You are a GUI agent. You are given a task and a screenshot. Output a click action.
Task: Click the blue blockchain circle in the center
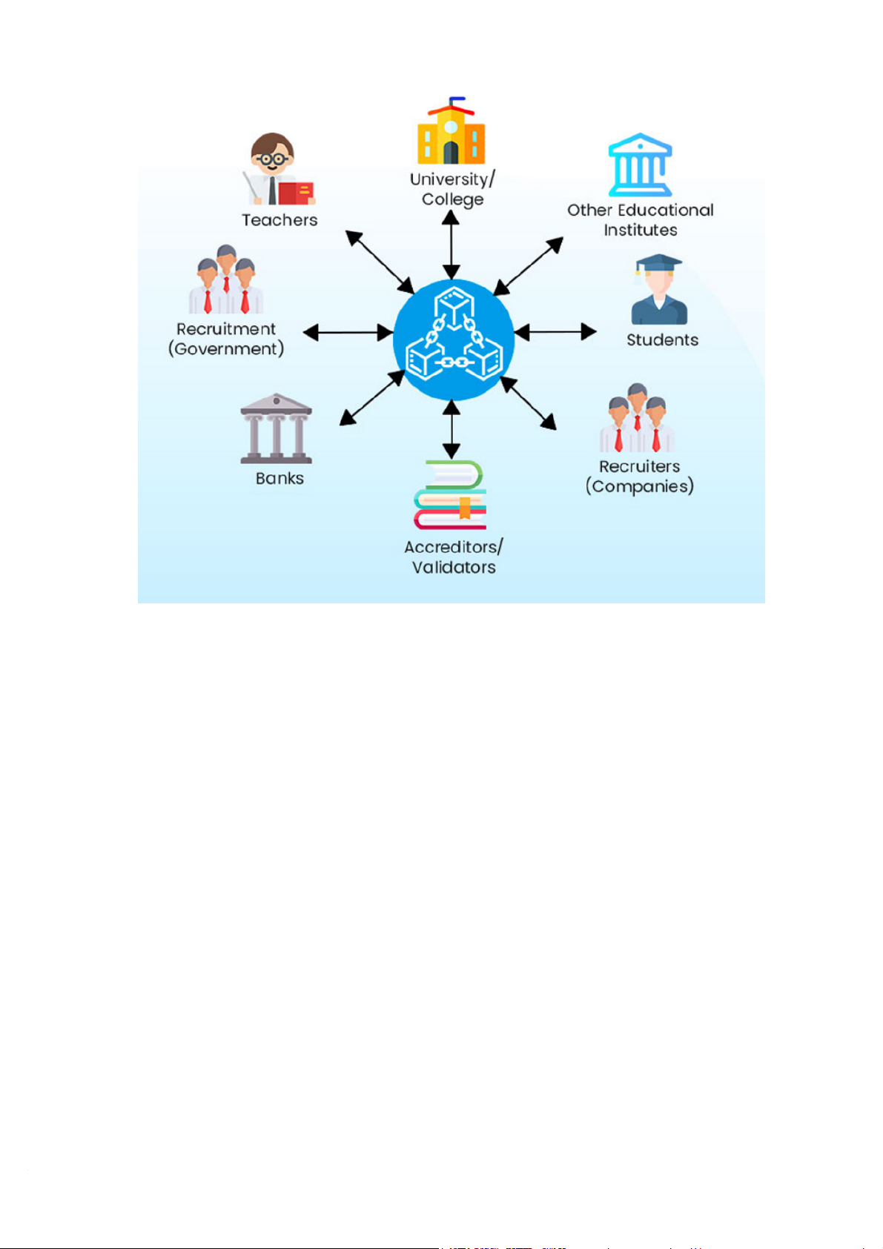coord(453,339)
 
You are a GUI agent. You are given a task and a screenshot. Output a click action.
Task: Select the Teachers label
coord(280,220)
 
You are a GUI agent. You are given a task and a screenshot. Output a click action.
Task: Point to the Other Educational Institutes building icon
coord(640,165)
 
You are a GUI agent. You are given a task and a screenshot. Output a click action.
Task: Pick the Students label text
coord(662,340)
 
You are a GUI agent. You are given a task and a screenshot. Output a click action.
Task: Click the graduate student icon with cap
coord(658,291)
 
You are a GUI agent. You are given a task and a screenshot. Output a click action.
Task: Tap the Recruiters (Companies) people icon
coord(637,419)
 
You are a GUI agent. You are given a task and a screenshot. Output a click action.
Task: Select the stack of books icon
coord(450,495)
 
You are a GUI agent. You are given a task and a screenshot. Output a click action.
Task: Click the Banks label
coord(280,479)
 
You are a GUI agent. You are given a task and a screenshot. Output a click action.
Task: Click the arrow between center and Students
coord(555,332)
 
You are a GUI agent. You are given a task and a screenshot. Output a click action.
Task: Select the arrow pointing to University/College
coord(451,245)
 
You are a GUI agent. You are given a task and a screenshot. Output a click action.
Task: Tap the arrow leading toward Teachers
coord(380,262)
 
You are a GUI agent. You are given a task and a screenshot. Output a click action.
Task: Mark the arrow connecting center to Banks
coord(372,398)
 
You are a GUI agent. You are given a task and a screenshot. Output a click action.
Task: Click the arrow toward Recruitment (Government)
coord(348,333)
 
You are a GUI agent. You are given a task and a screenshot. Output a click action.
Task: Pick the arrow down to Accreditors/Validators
coord(451,429)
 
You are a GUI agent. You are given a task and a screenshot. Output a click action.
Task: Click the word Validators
coord(454,568)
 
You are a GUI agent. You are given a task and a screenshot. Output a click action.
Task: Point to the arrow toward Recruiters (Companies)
coord(529,403)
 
